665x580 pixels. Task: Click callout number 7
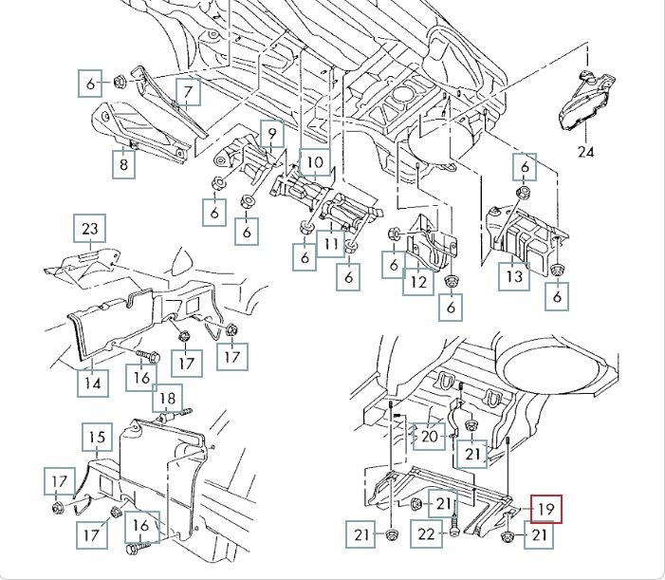[188, 92]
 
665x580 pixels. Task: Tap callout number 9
[269, 136]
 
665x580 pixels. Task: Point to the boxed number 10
[314, 162]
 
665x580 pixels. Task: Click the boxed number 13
[513, 276]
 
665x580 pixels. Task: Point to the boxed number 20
[430, 437]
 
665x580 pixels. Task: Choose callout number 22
[426, 535]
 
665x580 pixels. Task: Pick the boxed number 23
[90, 229]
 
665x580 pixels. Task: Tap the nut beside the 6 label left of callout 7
[119, 83]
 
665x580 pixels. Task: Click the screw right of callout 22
[456, 523]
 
